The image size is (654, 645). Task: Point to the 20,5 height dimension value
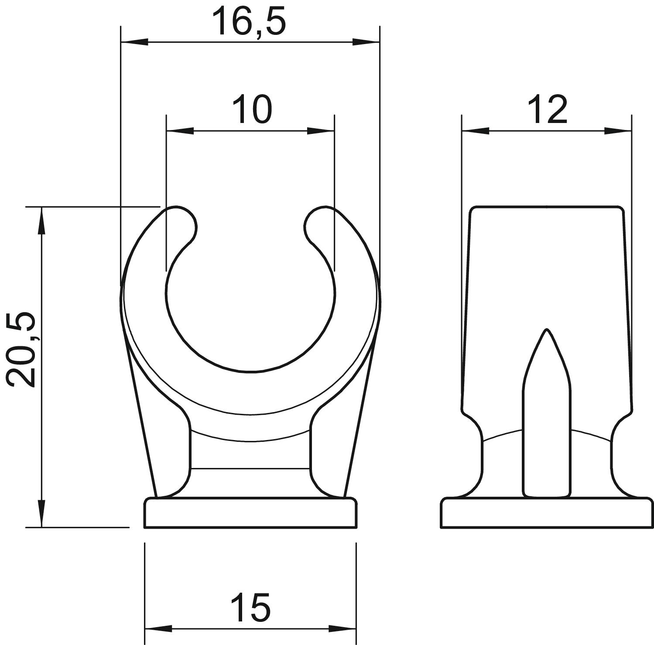coord(21,349)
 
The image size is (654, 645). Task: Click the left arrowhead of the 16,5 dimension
coord(134,42)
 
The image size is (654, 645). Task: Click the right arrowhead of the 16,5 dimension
coord(366,42)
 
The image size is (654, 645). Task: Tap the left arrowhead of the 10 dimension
coord(180,130)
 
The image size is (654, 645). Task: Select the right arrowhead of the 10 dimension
coord(321,130)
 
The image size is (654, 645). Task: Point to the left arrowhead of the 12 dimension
coord(476,130)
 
